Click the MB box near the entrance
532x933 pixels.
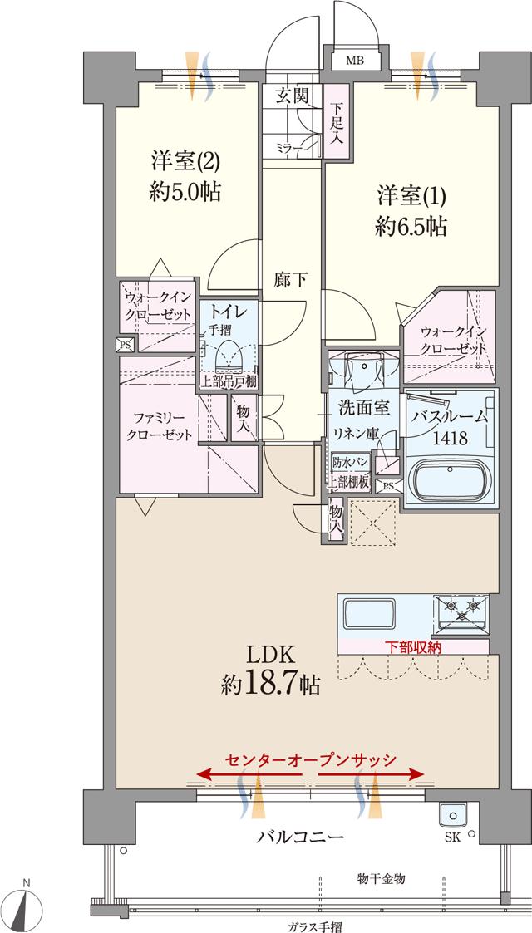355,61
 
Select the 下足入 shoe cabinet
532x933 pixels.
336,122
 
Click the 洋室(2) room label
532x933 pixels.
184,160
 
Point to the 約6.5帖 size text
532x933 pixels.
411,226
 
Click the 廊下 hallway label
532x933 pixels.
291,280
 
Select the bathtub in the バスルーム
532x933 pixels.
450,481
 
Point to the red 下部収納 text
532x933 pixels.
413,646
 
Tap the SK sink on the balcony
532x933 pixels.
454,815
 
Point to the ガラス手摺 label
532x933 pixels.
314,926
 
